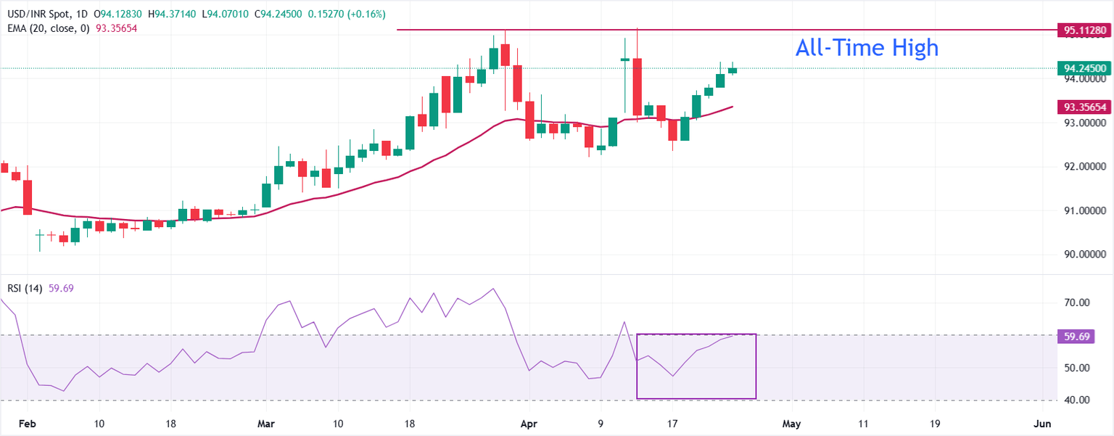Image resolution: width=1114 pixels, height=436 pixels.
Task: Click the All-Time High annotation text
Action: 867,48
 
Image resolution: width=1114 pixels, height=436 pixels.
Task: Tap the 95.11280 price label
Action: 1084,30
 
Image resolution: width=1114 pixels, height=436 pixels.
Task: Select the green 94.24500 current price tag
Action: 1084,69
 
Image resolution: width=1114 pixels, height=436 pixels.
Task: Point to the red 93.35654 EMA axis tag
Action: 1084,107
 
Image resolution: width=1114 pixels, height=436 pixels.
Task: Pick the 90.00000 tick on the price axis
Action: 1084,255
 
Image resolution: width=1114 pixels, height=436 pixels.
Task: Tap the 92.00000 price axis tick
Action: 1084,167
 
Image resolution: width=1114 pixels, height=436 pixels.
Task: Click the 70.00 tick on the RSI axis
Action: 1077,303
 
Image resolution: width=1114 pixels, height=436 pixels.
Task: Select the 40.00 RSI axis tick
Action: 1077,400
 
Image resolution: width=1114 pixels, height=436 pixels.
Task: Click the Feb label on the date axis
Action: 28,424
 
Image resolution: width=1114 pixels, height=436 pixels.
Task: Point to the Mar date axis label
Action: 266,424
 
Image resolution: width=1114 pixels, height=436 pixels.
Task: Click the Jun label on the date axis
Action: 1042,424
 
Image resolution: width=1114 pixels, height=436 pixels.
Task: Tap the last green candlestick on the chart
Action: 733,70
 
